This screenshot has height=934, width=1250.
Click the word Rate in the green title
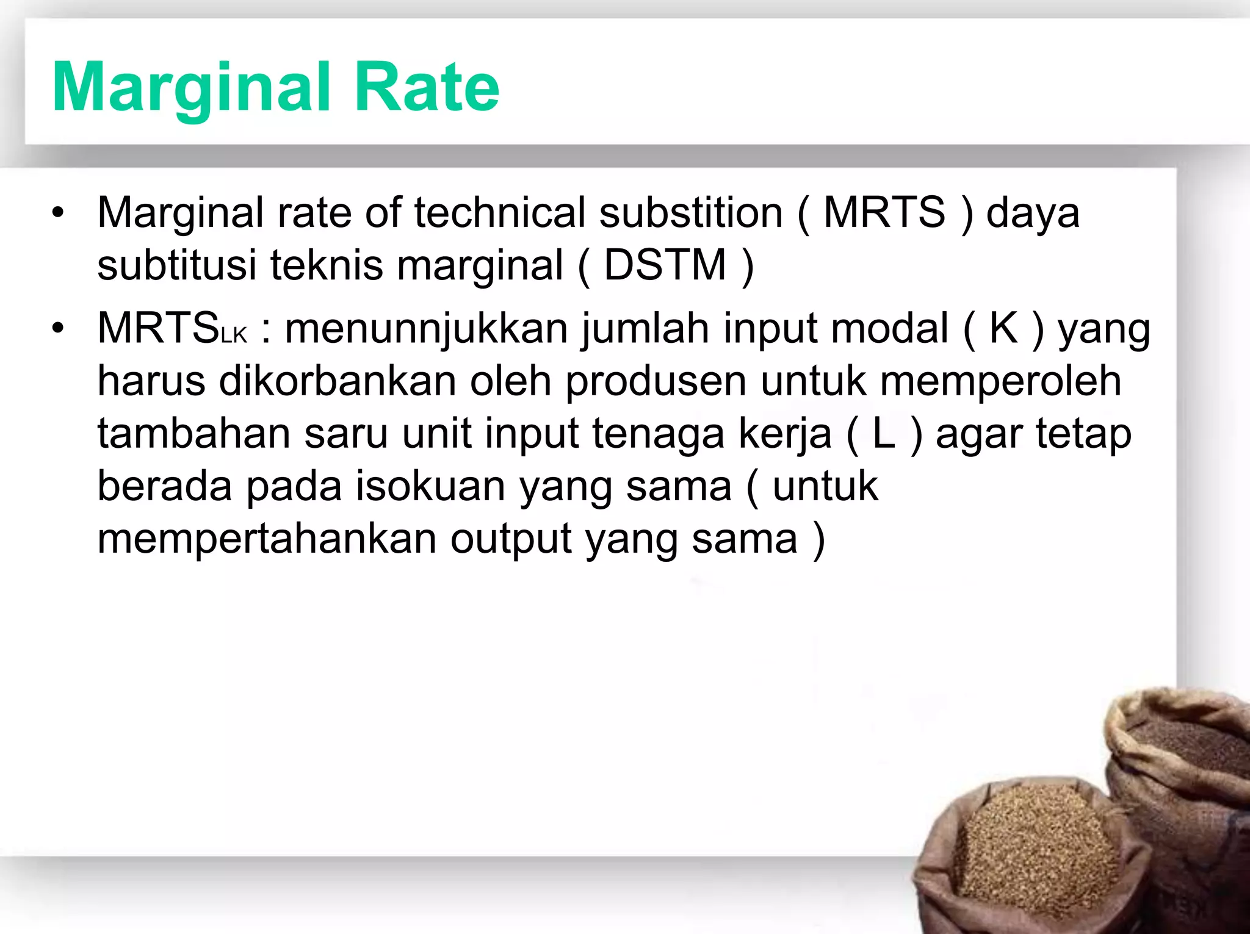426,88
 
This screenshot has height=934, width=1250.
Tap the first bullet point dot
58,213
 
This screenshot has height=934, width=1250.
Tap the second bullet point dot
58,329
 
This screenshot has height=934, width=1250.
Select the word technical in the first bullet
500,213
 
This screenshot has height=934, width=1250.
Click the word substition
690,213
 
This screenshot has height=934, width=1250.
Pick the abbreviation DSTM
665,265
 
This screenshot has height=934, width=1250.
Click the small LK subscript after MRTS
234,335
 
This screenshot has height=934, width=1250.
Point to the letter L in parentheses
884,434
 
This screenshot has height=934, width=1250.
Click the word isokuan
430,487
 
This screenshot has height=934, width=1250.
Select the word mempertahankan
267,539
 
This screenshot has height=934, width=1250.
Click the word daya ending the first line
1033,214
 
